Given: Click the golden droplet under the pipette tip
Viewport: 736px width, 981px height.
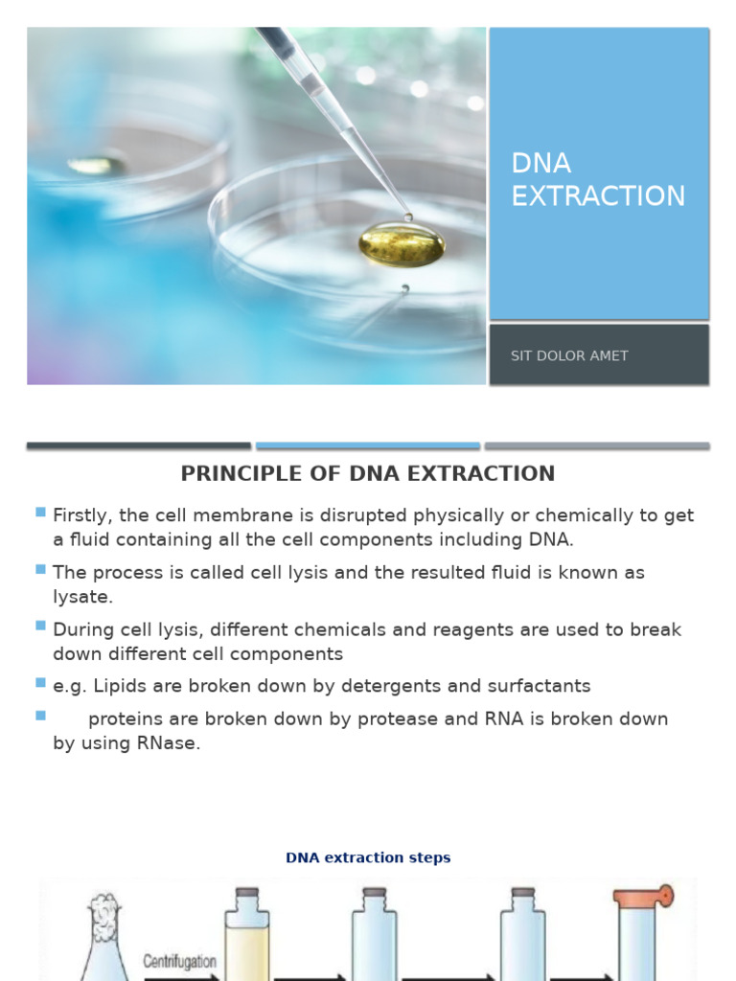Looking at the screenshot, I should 402,245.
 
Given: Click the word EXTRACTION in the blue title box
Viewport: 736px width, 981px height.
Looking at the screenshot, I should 598,195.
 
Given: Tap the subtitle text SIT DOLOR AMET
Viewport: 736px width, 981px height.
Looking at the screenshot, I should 569,355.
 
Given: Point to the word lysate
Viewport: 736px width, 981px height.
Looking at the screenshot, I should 82,597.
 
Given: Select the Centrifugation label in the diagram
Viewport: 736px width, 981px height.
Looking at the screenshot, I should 180,960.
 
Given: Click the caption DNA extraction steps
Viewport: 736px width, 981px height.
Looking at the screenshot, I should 368,857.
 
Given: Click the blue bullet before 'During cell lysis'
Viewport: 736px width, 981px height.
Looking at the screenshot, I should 40,626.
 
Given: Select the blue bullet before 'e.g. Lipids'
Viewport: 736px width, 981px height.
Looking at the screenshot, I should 40,682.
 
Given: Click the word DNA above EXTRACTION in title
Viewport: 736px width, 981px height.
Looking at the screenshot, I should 540,163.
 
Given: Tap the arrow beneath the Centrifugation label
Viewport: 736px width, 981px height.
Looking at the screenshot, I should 182,976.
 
